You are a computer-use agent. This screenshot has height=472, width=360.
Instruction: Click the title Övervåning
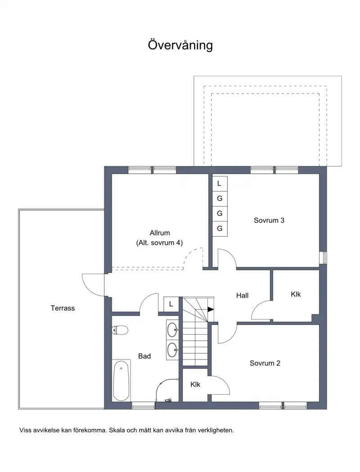point(180,45)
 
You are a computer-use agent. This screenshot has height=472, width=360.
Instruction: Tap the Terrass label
point(63,308)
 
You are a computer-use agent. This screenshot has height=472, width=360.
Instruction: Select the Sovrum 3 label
point(269,220)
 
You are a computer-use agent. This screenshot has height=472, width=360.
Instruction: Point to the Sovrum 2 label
point(265,363)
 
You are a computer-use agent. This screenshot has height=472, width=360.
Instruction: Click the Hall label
point(242,296)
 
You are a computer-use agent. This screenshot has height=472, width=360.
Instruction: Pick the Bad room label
point(144,356)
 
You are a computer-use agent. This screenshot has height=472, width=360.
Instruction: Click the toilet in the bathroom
point(120,330)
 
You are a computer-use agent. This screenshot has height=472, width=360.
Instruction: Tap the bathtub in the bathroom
point(121,381)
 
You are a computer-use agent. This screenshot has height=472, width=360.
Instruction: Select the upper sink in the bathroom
point(172,330)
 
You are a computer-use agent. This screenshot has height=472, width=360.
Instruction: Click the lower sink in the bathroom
point(172,350)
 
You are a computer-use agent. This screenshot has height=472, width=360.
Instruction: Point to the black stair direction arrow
point(211,309)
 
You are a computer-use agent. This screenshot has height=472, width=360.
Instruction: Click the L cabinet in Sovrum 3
point(220,183)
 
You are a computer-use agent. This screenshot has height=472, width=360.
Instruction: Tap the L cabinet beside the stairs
point(171,304)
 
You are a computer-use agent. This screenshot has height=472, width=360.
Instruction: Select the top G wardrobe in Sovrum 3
point(220,198)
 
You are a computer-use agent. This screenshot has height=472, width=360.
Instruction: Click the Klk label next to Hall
point(296,294)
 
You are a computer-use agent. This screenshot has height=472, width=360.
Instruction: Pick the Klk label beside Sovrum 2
point(195,384)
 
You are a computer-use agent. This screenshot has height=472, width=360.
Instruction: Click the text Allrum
point(160,233)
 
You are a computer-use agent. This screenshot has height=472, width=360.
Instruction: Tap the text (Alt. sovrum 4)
point(160,243)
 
